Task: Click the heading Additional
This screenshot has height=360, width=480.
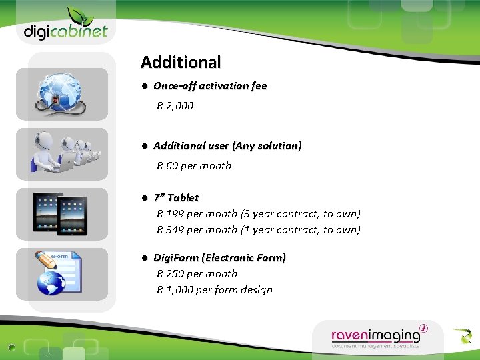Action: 181,63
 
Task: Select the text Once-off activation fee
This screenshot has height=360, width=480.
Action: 210,86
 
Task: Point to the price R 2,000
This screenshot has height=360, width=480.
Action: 175,105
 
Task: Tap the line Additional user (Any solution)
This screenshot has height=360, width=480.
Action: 227,146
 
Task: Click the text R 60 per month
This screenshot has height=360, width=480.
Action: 194,165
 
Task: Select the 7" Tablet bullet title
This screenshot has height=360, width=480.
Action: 176,198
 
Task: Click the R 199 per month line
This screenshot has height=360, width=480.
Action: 258,214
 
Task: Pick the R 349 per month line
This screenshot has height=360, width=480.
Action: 258,230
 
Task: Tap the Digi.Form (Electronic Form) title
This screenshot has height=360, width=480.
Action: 220,258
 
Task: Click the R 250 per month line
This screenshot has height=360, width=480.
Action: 197,274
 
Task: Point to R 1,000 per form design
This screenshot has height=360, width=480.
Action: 215,290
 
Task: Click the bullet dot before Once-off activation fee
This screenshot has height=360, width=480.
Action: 144,86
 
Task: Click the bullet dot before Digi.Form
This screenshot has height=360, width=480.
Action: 144,258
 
